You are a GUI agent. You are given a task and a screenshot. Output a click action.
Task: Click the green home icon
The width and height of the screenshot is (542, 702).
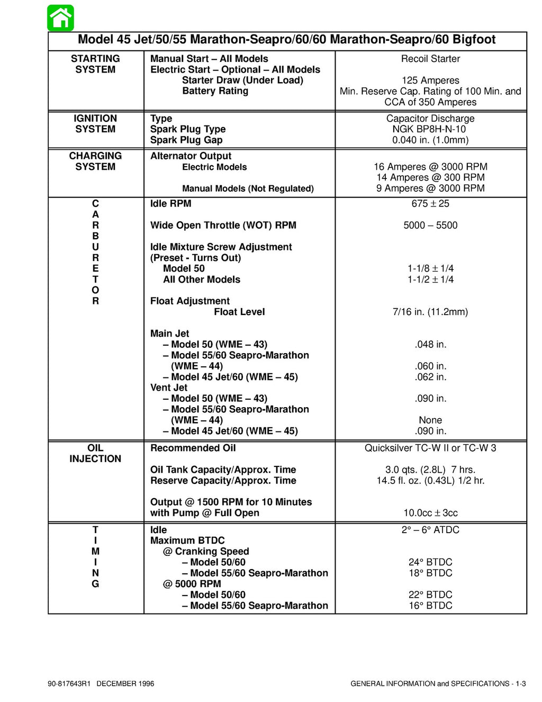pyautogui.click(x=60, y=18)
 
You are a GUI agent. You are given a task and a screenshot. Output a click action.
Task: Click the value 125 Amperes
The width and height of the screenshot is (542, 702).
pyautogui.click(x=430, y=80)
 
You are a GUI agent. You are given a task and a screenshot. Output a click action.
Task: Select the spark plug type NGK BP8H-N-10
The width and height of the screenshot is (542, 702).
pyautogui.click(x=430, y=129)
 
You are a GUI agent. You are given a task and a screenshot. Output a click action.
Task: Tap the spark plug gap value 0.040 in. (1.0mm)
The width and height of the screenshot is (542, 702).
pyautogui.click(x=430, y=140)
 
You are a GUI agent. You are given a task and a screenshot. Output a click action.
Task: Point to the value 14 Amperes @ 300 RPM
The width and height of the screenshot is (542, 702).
pyautogui.click(x=430, y=177)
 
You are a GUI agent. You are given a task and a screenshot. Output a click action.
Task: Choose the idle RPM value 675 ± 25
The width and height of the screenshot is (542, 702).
pyautogui.click(x=430, y=204)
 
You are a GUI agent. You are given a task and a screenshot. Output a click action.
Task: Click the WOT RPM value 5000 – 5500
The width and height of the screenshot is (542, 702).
pyautogui.click(x=430, y=226)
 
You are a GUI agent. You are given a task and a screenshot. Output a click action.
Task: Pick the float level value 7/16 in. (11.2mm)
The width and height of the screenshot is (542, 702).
pyautogui.click(x=430, y=312)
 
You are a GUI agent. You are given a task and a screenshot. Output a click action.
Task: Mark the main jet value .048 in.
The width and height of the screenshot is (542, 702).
pyautogui.click(x=430, y=345)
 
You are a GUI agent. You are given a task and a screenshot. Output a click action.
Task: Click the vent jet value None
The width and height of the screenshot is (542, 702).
pyautogui.click(x=430, y=420)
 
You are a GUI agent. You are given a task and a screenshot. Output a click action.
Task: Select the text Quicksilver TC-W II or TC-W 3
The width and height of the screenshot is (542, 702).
pyautogui.click(x=430, y=448)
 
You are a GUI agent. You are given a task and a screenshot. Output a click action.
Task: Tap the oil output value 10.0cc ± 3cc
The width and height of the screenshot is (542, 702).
pyautogui.click(x=430, y=513)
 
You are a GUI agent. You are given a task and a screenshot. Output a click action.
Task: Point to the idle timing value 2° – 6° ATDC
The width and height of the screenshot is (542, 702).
pyautogui.click(x=430, y=530)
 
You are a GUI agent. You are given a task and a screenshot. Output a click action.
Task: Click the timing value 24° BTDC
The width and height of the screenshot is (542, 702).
pyautogui.click(x=430, y=562)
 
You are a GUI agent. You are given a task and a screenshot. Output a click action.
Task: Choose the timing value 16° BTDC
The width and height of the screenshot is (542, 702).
pyautogui.click(x=430, y=606)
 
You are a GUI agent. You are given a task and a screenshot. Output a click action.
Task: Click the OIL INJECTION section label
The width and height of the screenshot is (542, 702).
pyautogui.click(x=95, y=454)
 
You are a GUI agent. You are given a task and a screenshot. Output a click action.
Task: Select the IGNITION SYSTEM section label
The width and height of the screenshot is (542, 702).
pyautogui.click(x=95, y=124)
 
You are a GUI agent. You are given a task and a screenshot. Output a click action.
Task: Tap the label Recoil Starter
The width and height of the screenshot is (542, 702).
pyautogui.click(x=430, y=59)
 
